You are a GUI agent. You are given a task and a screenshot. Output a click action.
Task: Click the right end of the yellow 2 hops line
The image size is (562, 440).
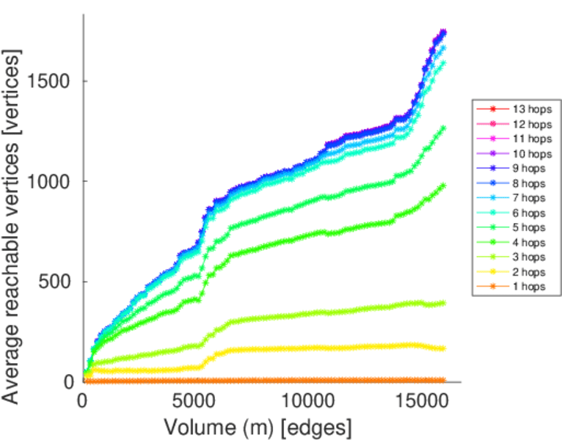tap(442, 348)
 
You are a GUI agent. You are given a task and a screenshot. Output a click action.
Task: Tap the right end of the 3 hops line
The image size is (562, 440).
tap(442, 303)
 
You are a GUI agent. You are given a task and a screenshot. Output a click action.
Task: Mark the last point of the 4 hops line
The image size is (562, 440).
tap(442, 186)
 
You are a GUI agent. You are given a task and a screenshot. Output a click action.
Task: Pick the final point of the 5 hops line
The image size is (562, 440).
tap(442, 128)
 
